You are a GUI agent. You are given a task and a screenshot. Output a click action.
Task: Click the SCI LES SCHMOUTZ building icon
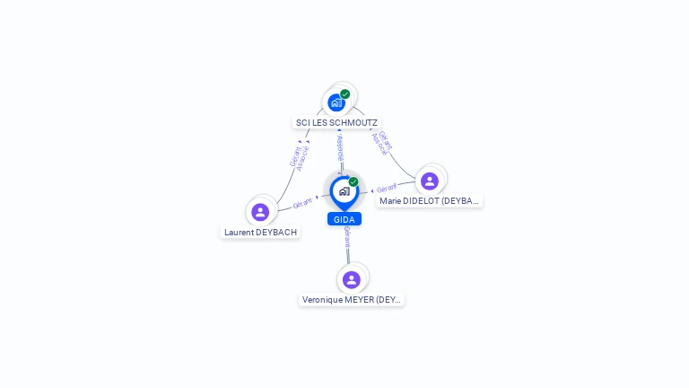(336, 101)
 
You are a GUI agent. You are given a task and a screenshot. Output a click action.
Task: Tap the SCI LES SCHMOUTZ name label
(337, 122)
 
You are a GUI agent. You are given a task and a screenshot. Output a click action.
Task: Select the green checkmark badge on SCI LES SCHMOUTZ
(345, 93)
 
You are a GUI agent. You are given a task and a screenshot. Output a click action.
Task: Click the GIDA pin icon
(344, 191)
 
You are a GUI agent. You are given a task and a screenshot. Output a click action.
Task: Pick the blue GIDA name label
(344, 219)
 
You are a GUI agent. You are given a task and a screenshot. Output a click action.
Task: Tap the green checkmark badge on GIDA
(353, 181)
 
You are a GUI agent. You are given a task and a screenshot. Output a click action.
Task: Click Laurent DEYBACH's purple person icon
(260, 212)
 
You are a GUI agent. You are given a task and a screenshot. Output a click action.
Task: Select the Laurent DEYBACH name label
(260, 232)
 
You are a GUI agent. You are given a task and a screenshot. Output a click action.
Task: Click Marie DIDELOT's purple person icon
(430, 181)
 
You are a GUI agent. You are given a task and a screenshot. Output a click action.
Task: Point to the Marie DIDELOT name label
(430, 201)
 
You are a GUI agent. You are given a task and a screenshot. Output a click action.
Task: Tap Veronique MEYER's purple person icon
(352, 279)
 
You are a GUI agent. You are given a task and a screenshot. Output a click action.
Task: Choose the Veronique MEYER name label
(352, 299)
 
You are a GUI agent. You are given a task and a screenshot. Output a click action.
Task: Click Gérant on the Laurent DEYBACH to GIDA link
(302, 204)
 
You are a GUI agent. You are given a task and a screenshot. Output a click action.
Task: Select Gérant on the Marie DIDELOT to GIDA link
(387, 189)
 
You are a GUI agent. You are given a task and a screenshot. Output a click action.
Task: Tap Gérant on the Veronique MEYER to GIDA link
(347, 236)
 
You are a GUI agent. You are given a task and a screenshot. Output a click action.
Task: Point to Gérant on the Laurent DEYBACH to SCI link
(294, 157)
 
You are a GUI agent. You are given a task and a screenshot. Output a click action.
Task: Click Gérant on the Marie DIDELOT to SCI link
(385, 141)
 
